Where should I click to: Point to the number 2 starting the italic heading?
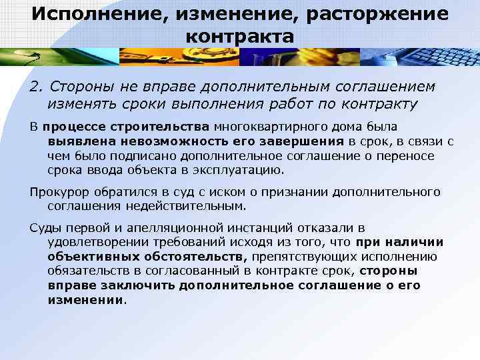point(35,86)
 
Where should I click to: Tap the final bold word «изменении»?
point(86,299)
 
